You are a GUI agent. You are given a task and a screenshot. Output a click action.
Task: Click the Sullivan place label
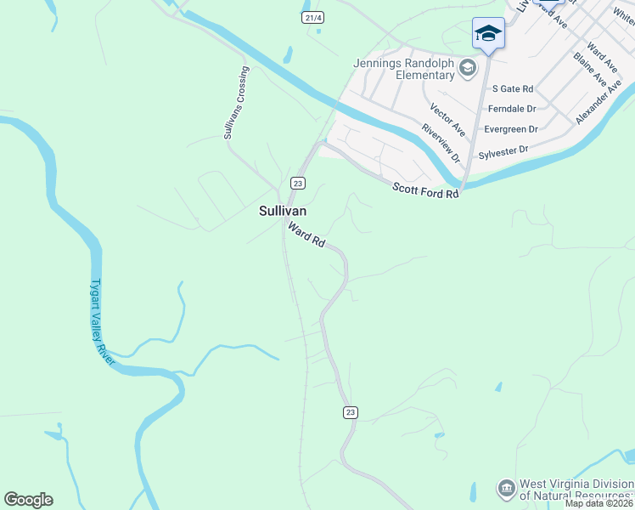[x=283, y=211]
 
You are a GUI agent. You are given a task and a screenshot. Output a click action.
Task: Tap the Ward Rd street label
[x=306, y=235]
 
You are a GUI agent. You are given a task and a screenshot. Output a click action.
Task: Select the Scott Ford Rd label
[x=424, y=190]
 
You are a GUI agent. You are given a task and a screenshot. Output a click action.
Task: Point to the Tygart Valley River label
[x=103, y=323]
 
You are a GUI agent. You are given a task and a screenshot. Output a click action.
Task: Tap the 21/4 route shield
[x=312, y=17]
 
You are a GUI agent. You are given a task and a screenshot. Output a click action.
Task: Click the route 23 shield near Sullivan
[x=297, y=183]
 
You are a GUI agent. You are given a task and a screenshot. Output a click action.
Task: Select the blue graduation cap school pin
[x=488, y=34]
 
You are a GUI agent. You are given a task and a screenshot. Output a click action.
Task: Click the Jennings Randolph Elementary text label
[x=405, y=69]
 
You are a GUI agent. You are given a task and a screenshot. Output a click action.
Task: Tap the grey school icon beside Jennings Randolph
[x=467, y=68]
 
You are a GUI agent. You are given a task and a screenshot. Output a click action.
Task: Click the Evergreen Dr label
[x=511, y=129]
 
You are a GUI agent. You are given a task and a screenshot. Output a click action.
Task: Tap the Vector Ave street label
[x=447, y=121]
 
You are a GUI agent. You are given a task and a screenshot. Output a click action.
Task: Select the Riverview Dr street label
[x=440, y=143]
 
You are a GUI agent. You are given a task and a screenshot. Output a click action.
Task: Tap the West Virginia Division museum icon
[x=506, y=488]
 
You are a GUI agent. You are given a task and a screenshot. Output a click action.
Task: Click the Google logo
[x=28, y=500]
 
